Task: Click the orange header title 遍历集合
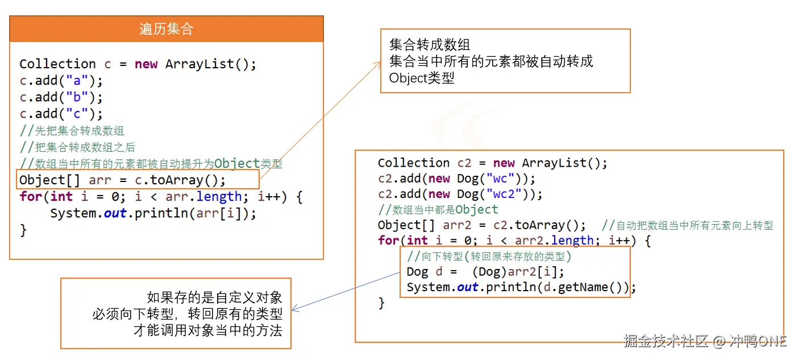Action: [167, 29]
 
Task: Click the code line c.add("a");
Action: [61, 81]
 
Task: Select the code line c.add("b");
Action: [61, 97]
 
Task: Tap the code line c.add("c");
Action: [61, 114]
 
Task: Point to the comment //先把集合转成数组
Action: [72, 131]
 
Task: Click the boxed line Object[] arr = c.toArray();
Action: [123, 180]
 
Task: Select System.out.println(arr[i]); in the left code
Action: [153, 213]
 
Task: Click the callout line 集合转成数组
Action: [430, 45]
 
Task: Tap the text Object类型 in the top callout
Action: [422, 78]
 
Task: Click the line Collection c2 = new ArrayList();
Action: [492, 163]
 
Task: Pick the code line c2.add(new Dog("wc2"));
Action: [460, 194]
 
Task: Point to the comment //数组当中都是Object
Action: [438, 209]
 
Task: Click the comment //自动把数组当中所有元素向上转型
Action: [687, 225]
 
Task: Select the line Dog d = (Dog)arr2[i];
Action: [485, 272]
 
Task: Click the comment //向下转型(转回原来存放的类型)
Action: [489, 256]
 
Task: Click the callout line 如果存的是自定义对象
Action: [214, 297]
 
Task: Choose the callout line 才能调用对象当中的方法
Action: [207, 330]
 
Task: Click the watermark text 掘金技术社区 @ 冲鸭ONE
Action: [705, 341]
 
